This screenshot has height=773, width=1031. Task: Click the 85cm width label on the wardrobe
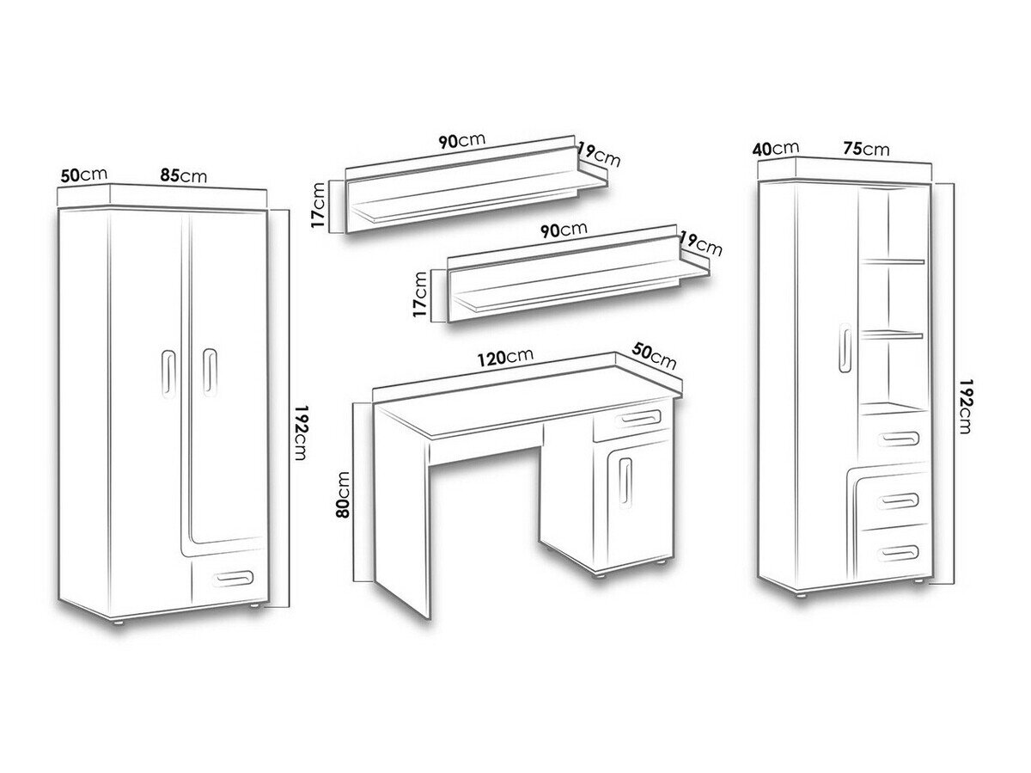click(x=183, y=175)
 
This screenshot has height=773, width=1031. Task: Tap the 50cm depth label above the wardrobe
click(x=84, y=175)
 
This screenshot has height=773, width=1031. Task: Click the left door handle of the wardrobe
click(x=168, y=373)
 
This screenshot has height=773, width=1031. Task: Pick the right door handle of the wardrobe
click(x=210, y=372)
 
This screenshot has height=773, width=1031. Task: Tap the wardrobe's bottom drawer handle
click(x=233, y=578)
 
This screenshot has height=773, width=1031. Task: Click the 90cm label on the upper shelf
click(x=461, y=140)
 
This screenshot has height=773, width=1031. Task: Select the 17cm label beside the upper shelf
click(x=318, y=205)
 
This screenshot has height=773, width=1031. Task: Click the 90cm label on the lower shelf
click(x=564, y=230)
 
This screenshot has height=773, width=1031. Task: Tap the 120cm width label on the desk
click(x=505, y=357)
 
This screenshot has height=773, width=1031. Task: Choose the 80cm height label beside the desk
click(x=343, y=494)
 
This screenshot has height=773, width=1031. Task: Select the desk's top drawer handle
click(x=638, y=418)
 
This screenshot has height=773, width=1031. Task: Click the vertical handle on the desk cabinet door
click(x=625, y=483)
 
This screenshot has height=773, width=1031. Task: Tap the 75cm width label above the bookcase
click(x=866, y=149)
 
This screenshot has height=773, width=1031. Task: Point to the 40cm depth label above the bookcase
click(x=776, y=149)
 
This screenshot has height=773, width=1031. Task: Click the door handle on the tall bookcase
click(x=845, y=348)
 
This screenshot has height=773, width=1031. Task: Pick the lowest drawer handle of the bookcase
click(x=898, y=553)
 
